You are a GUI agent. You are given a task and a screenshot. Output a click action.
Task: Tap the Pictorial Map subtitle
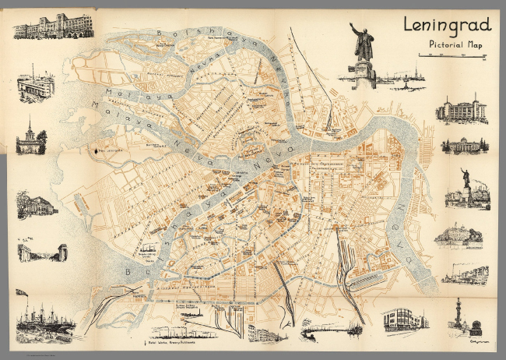pos(456,43)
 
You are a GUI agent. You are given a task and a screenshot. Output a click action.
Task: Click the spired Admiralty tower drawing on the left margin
pos(31,139)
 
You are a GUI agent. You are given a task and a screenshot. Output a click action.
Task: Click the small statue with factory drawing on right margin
pos(467,189)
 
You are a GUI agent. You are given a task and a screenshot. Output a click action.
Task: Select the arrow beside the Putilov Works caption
pos(145,343)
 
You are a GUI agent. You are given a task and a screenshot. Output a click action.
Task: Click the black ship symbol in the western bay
pos(99,150)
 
